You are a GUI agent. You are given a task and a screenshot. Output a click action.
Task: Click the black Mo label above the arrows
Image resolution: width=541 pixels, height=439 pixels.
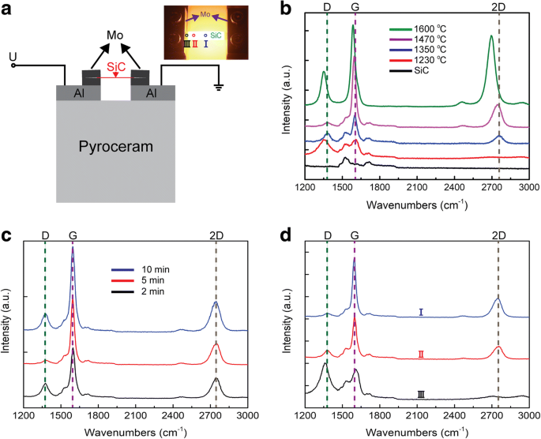pyautogui.click(x=116, y=35)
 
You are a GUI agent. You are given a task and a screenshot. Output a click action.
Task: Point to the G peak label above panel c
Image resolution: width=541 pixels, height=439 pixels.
pyautogui.click(x=73, y=235)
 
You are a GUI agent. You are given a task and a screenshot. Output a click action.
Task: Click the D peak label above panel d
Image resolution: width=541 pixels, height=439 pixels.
pyautogui.click(x=327, y=235)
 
